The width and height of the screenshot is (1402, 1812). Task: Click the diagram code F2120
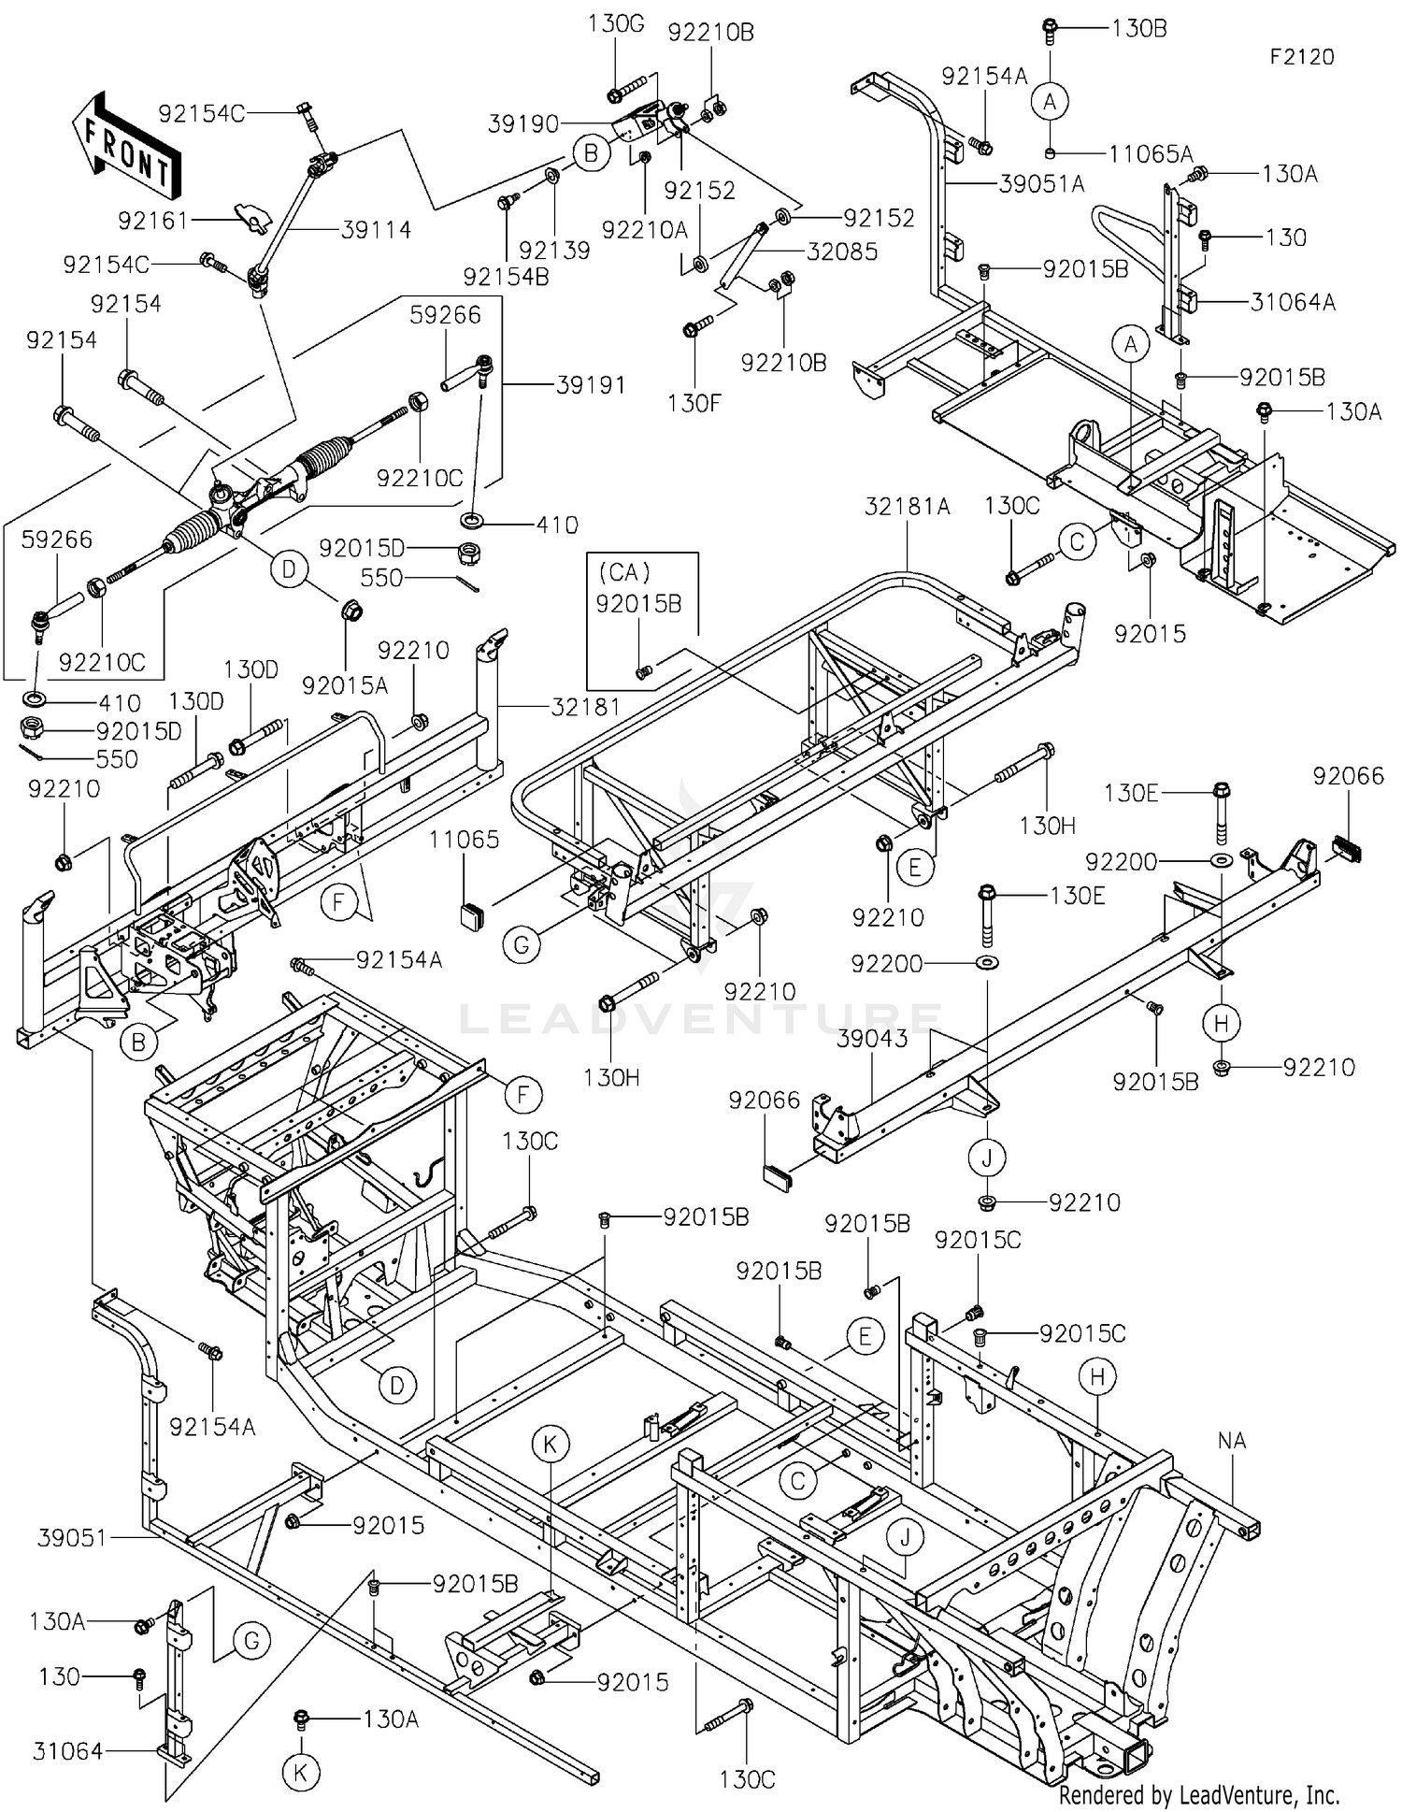tap(1302, 57)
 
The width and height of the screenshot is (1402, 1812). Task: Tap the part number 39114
tap(376, 229)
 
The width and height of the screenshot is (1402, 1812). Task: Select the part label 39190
tap(523, 123)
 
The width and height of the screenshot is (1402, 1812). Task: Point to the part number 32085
tap(842, 251)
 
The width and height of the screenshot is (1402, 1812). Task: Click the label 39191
tap(591, 384)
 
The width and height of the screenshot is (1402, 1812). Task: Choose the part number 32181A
tap(908, 506)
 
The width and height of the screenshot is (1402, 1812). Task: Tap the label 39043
tap(872, 1039)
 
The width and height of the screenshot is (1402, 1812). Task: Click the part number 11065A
tap(1152, 153)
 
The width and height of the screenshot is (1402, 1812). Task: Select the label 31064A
tap(1294, 301)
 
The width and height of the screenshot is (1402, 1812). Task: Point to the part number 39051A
tap(1042, 184)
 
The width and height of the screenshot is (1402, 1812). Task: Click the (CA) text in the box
tap(624, 571)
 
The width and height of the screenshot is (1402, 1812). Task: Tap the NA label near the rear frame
tap(1232, 1441)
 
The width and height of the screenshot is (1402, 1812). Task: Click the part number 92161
tap(153, 221)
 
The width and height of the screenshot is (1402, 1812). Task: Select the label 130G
tap(616, 23)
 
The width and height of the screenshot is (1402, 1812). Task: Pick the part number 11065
tap(465, 839)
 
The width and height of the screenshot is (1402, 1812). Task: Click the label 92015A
tap(345, 685)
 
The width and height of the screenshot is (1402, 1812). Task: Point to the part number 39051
tap(73, 1537)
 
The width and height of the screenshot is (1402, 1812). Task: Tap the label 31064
tap(67, 1750)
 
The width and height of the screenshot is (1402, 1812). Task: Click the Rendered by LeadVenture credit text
tap(1199, 1794)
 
